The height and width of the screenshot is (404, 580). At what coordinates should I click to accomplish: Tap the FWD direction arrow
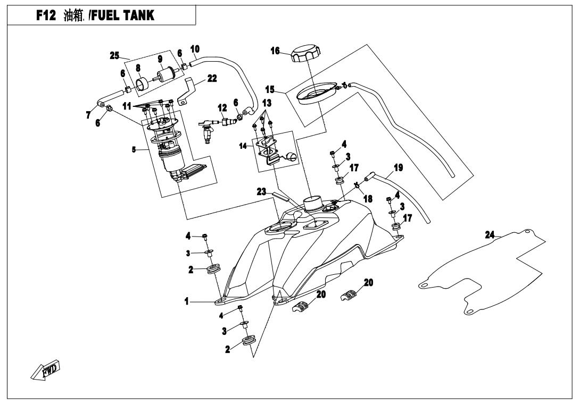(x=45, y=370)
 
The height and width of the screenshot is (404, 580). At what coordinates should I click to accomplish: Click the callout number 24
(x=490, y=234)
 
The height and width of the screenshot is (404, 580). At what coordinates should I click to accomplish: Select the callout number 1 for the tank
(x=187, y=301)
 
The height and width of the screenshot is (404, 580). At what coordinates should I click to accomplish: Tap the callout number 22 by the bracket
(x=197, y=78)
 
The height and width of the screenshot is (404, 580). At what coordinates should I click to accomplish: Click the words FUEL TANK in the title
(x=125, y=16)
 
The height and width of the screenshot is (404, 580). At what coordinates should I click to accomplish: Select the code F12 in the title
(x=46, y=16)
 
